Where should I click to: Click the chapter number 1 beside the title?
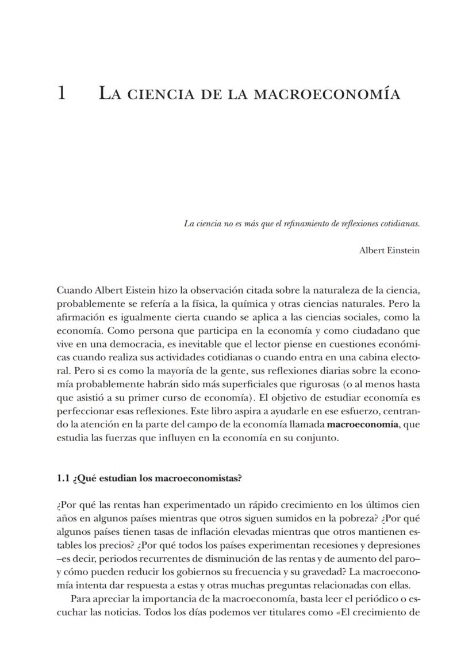pyautogui.click(x=62, y=92)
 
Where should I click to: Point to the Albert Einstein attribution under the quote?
pyautogui.click(x=389, y=250)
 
